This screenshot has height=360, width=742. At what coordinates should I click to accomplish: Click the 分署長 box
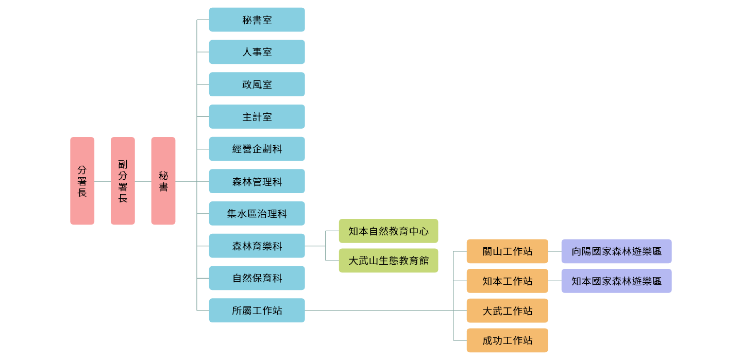[82, 181]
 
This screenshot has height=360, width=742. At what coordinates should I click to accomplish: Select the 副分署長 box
[123, 181]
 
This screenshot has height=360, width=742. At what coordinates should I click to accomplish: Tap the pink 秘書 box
[163, 181]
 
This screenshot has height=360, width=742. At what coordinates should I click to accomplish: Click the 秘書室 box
[257, 20]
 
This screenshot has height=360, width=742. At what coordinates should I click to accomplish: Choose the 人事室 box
[257, 52]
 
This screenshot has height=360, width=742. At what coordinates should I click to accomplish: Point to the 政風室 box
[257, 84]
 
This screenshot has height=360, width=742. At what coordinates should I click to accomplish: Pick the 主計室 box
[257, 116]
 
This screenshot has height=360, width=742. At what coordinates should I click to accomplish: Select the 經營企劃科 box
[257, 149]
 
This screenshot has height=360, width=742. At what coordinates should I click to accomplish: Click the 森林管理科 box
[257, 181]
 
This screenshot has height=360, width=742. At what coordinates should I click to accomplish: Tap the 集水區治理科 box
[257, 213]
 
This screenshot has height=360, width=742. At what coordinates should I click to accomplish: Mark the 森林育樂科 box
[257, 246]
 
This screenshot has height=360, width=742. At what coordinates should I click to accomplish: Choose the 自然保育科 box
[257, 278]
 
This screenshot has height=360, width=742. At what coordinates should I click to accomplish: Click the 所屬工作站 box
[257, 311]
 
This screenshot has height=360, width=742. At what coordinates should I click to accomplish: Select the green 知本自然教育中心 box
[388, 231]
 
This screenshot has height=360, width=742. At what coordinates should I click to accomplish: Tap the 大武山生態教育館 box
[388, 261]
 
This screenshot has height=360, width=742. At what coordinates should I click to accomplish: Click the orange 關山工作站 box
[507, 251]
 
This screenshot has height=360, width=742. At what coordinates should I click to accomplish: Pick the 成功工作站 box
[507, 340]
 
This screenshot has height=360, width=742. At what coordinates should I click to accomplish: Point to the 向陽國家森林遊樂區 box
[616, 251]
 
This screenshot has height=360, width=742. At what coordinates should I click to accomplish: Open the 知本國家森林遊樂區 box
[616, 281]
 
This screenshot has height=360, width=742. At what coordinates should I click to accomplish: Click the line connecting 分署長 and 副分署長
[103, 181]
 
